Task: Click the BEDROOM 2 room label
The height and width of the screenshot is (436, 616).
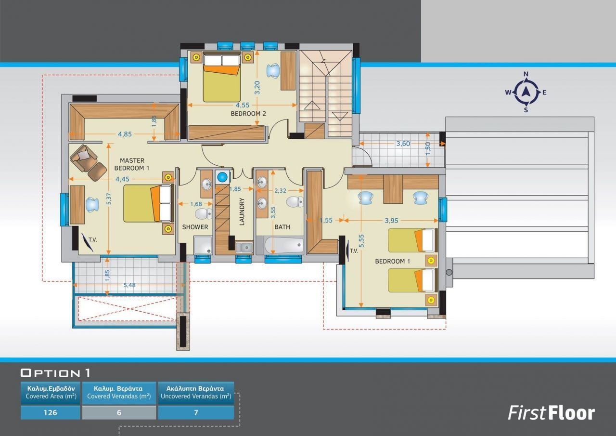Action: pos(248,113)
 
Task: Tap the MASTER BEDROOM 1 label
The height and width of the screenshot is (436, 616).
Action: pos(132,164)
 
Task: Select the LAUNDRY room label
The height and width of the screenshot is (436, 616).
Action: pos(242,211)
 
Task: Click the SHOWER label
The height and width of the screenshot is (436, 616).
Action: pos(195,227)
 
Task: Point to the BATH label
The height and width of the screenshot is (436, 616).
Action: pos(282,227)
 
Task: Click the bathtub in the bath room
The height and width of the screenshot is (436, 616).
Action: pos(284,245)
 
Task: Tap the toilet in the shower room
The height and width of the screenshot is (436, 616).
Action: pos(204,213)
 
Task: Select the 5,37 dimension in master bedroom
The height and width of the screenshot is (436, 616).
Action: pos(109,199)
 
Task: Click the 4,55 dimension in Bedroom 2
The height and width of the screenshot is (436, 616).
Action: pos(243,105)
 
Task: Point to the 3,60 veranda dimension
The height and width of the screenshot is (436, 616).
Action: pos(403,144)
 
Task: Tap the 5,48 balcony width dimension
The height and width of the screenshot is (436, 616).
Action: pos(129,285)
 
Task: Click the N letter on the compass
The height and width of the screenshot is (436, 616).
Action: pos(526,74)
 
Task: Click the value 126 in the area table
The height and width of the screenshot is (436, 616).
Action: pos(51,412)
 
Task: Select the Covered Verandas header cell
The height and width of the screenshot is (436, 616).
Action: pos(119,393)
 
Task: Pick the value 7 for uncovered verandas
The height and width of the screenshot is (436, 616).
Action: pos(196,412)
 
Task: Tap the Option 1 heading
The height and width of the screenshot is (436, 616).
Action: pos(55,373)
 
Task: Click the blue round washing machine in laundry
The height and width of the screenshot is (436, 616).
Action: pos(222,177)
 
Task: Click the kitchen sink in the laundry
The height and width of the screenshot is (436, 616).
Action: pos(244,247)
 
